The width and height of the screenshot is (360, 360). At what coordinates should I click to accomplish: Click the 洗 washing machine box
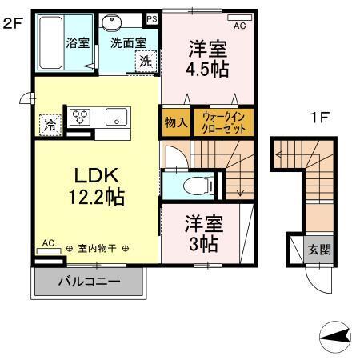click(146, 62)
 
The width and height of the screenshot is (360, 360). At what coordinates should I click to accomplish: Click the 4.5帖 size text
click(208, 69)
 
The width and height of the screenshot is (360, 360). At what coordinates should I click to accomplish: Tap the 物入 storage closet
click(174, 123)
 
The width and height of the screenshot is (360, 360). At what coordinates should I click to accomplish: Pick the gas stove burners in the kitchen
click(82, 117)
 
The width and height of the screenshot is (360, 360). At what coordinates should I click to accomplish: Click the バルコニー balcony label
click(89, 282)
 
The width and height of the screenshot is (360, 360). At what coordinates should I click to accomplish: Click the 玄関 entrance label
click(318, 250)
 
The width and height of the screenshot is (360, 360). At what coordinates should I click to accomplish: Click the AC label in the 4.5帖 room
click(239, 25)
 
